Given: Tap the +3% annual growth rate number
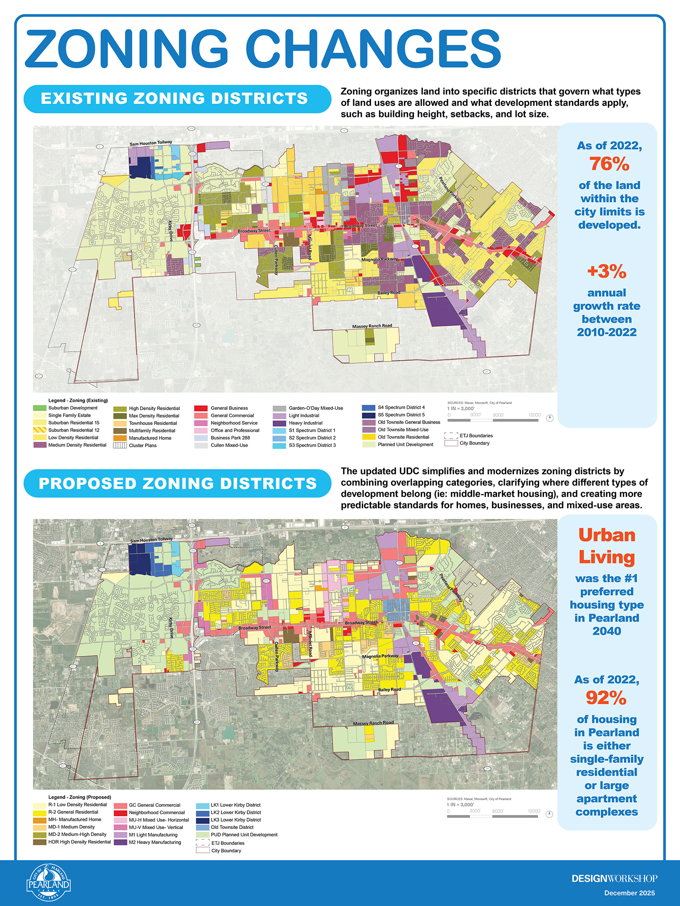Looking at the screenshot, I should click(x=607, y=271).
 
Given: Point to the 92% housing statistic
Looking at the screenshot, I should click(x=606, y=698).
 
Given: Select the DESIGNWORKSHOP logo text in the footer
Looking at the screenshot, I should click(x=614, y=878).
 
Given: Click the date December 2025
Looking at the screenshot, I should click(x=629, y=893).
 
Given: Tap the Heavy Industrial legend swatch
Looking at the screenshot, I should click(x=279, y=423).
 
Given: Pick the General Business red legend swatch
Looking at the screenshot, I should click(x=201, y=408).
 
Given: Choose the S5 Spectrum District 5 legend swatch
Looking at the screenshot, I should click(x=368, y=415).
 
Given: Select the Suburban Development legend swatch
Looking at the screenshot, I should click(x=40, y=408).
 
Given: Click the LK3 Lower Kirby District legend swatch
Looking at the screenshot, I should click(x=202, y=820).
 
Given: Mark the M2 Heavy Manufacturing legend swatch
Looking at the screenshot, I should click(x=121, y=842).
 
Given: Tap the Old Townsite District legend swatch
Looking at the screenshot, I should click(x=202, y=827).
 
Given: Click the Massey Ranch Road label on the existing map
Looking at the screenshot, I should click(x=372, y=326).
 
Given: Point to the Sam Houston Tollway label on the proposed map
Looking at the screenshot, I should click(x=152, y=540).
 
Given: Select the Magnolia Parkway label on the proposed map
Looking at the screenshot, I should click(x=380, y=656).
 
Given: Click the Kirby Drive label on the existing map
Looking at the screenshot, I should click(x=171, y=231).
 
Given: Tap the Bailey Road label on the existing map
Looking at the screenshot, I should click(x=389, y=293).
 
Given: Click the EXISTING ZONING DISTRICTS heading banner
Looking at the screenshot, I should click(x=177, y=99).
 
